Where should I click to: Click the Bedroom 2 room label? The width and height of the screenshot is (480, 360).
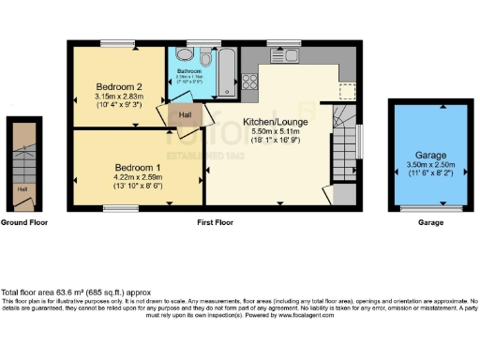point(118,85)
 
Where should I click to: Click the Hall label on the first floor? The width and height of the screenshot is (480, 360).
point(186,114)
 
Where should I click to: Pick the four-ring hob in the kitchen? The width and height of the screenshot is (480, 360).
point(251,81)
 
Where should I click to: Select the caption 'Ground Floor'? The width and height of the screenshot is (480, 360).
point(24,223)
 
